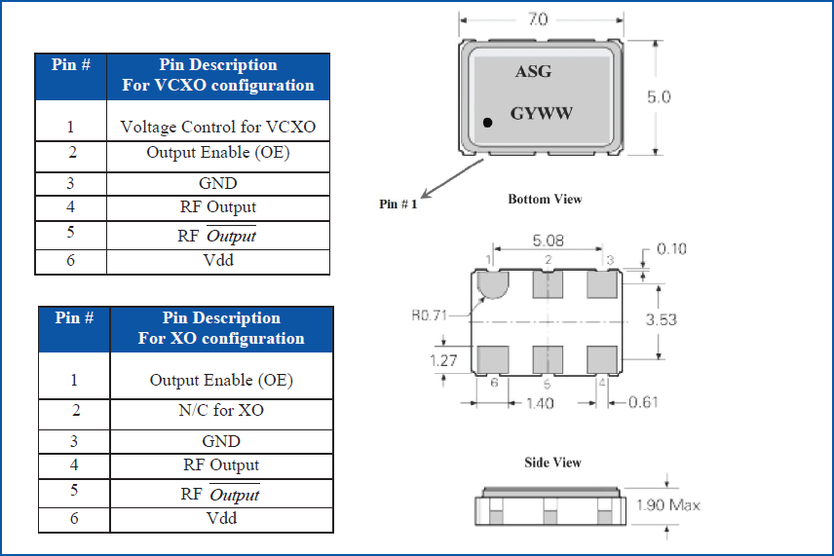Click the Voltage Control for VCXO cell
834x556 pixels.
[x=218, y=127]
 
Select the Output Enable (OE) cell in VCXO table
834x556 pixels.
[x=218, y=153]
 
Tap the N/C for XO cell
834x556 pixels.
[x=221, y=410]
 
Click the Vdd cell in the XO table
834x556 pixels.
[x=221, y=518]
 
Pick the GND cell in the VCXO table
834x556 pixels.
[x=218, y=183]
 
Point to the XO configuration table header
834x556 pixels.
[x=221, y=328]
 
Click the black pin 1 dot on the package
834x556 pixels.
[x=488, y=122]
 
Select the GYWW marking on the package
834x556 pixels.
[x=542, y=113]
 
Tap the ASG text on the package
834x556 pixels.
[x=533, y=72]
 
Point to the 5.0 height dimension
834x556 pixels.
[x=659, y=97]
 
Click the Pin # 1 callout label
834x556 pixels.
[x=398, y=204]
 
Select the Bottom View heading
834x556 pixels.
[x=545, y=200]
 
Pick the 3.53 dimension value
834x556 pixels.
[x=662, y=319]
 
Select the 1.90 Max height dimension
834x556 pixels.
[x=667, y=505]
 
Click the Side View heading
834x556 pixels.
[x=553, y=463]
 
